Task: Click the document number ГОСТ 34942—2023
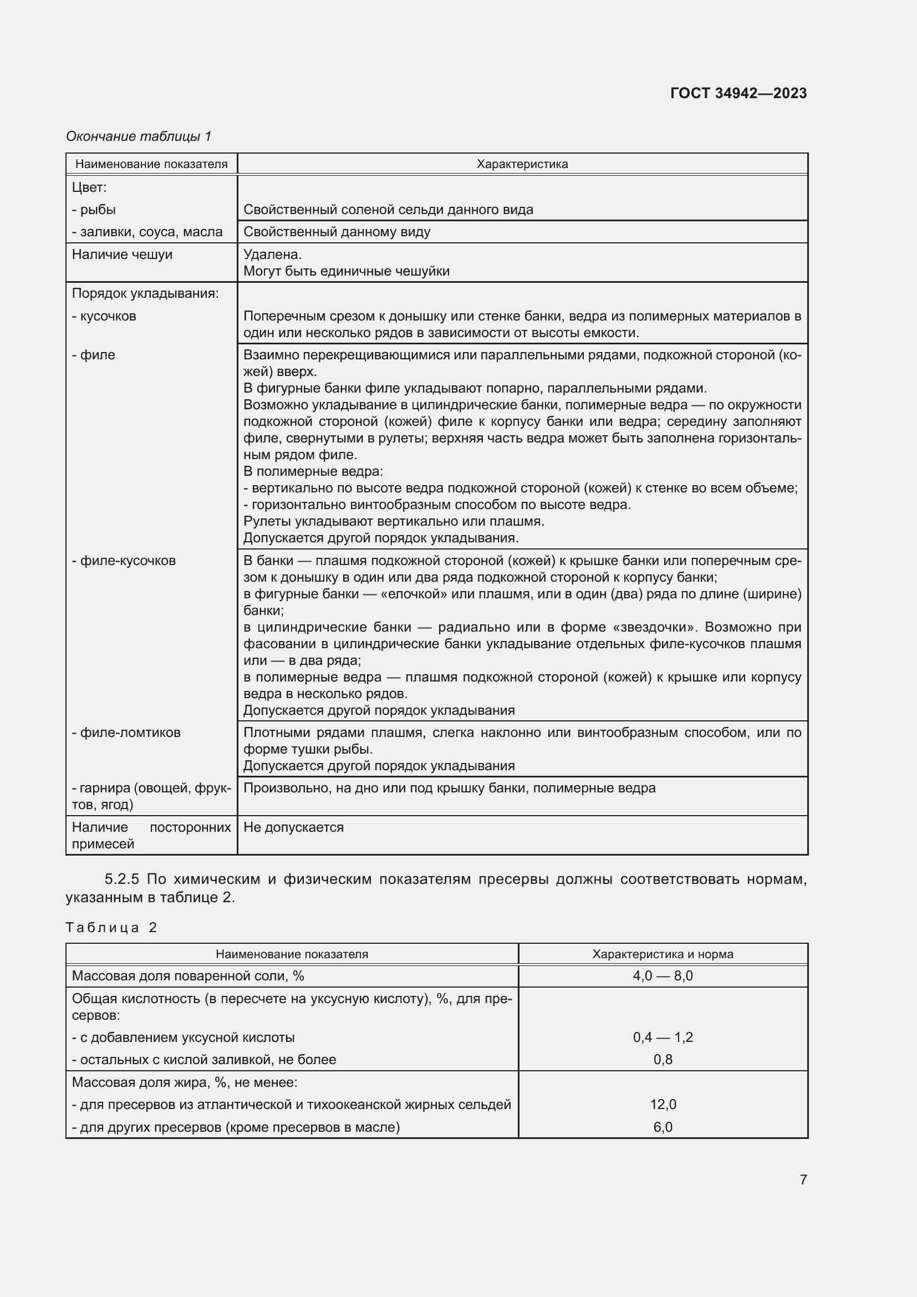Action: point(738,93)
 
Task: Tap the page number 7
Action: point(803,1179)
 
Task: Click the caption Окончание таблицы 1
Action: point(139,136)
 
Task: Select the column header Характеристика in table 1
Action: point(522,164)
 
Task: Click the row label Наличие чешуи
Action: point(122,255)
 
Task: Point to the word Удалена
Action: point(272,255)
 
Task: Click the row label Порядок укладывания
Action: point(145,294)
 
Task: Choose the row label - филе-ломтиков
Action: point(126,733)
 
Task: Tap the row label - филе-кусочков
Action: point(124,561)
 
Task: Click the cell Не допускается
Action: point(293,827)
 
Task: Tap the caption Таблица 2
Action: point(111,928)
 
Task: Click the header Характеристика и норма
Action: point(663,954)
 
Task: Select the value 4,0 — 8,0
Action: point(663,976)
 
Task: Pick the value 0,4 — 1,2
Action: point(663,1037)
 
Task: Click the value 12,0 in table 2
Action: point(663,1105)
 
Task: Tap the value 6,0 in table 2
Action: point(663,1127)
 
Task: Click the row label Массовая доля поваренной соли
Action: point(187,976)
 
